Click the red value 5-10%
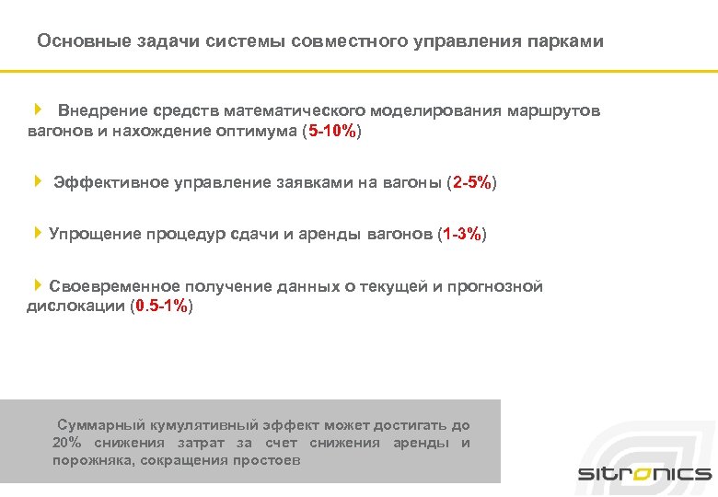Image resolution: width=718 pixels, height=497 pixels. click(x=332, y=132)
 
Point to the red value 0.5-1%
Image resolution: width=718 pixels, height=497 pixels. click(x=162, y=306)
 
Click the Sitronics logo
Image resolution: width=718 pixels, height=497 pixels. click(x=644, y=473)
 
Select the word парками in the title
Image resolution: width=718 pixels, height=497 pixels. click(x=566, y=42)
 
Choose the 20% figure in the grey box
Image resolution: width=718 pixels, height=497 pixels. click(x=66, y=444)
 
